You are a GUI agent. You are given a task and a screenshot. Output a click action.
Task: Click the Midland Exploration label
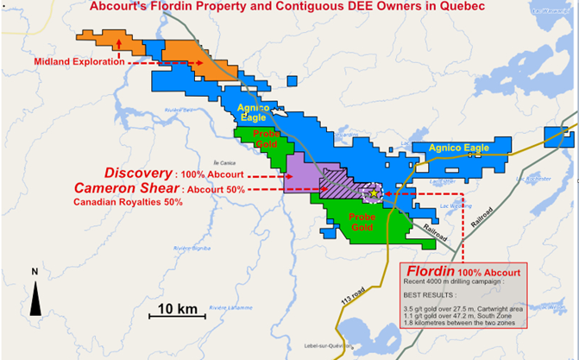(x=75, y=61)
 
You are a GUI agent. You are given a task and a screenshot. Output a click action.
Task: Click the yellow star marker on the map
(x=372, y=194)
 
